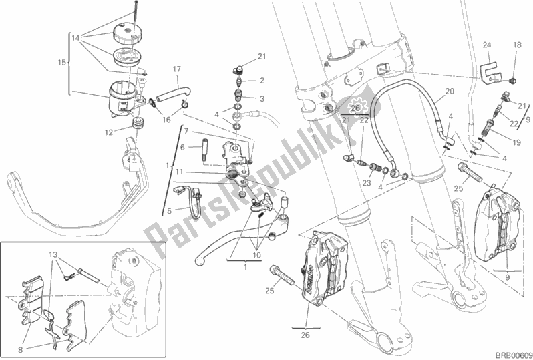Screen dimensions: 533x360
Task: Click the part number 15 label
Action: pyautogui.click(x=62, y=63)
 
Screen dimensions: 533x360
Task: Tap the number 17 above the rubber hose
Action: pyautogui.click(x=177, y=69)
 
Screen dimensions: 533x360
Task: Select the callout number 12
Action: pyautogui.click(x=109, y=132)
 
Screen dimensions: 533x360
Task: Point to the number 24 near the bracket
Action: pyautogui.click(x=487, y=45)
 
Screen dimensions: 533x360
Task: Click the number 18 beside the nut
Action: pyautogui.click(x=517, y=45)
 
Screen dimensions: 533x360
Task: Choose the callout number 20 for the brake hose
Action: pyautogui.click(x=450, y=91)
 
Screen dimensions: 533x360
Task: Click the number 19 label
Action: pyautogui.click(x=516, y=143)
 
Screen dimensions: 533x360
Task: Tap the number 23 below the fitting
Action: pyautogui.click(x=367, y=183)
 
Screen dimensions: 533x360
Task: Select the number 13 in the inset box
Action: pyautogui.click(x=53, y=255)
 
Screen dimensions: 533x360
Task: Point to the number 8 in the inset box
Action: pyautogui.click(x=21, y=349)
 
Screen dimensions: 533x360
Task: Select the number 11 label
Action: pyautogui.click(x=180, y=172)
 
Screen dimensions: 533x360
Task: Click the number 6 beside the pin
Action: pyautogui.click(x=182, y=147)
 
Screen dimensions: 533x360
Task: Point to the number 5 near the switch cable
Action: pyautogui.click(x=169, y=212)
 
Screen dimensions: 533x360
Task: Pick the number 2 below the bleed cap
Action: pyautogui.click(x=262, y=81)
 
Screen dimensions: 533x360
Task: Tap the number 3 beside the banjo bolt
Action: pyautogui.click(x=262, y=99)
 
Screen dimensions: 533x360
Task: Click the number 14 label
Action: pyautogui.click(x=75, y=39)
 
